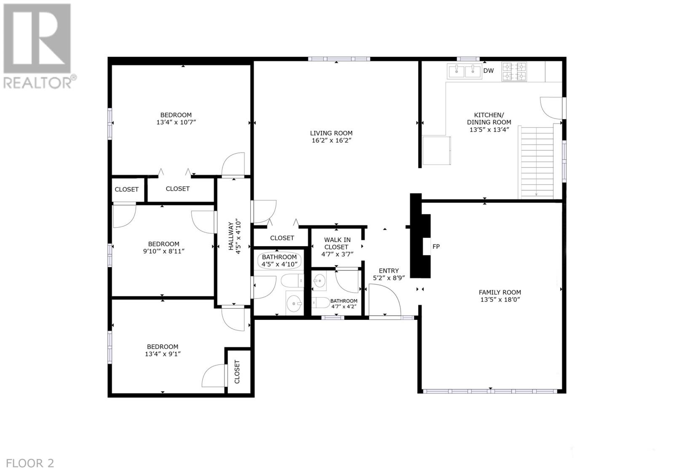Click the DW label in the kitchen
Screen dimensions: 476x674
(x=488, y=71)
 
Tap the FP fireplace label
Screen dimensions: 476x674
(x=436, y=247)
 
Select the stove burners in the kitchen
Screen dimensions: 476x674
(x=514, y=71)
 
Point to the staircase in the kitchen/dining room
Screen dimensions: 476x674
(x=535, y=162)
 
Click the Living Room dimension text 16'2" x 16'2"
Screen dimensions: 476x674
(x=332, y=141)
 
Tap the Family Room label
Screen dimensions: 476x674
(x=500, y=292)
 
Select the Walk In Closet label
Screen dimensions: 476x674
(x=337, y=243)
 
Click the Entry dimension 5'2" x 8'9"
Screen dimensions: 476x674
(x=389, y=278)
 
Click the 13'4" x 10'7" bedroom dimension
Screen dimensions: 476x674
(x=176, y=122)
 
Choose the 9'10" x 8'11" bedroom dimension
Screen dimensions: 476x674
(x=164, y=251)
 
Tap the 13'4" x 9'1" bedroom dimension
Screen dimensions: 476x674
(x=163, y=354)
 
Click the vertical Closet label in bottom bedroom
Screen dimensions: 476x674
(x=237, y=372)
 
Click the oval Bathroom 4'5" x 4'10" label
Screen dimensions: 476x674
(x=279, y=261)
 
